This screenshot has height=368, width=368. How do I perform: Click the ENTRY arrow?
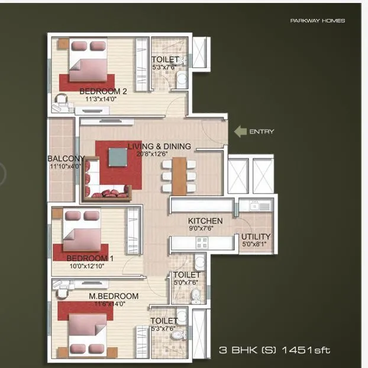(240, 132)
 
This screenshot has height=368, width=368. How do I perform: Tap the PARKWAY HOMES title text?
(317, 21)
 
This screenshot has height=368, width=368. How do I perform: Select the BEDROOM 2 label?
(104, 91)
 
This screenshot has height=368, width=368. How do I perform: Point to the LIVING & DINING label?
(159, 146)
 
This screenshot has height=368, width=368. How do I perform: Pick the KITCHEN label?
(205, 221)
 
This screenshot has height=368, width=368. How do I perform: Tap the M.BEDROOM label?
(114, 296)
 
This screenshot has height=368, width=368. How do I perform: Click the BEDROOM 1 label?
(90, 258)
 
